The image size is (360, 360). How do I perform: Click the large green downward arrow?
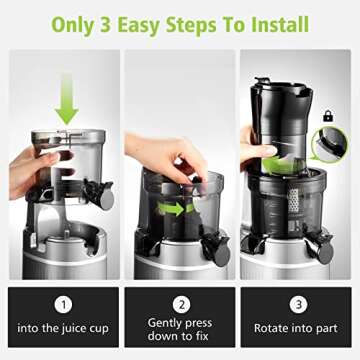coord(66,100)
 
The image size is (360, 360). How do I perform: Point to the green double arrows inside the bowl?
coord(175,209)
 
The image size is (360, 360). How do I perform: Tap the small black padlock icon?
coord(328,117)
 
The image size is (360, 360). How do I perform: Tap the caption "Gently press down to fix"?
coord(180,331)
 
